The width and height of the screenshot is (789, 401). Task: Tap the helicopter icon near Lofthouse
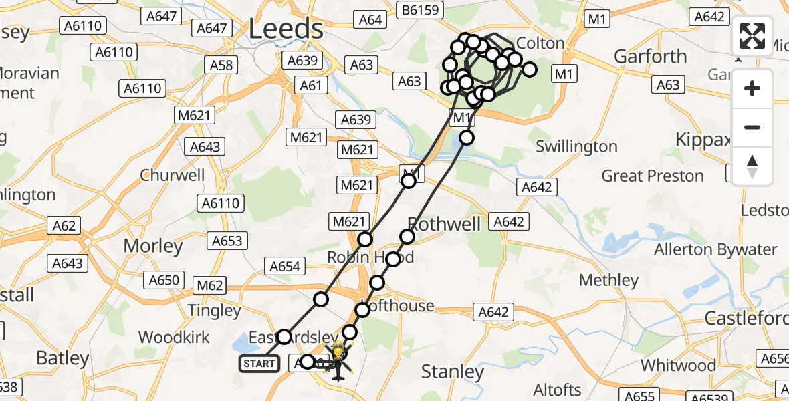(x=338, y=361)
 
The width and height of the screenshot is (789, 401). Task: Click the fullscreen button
(x=752, y=37)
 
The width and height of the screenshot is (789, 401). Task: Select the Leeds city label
(x=286, y=29)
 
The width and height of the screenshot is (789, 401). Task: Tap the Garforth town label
(x=651, y=56)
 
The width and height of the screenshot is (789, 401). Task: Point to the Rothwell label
(x=445, y=224)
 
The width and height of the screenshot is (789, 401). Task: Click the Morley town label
(x=153, y=246)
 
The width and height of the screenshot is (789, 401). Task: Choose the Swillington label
(x=576, y=146)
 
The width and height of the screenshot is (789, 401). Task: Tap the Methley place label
(x=608, y=280)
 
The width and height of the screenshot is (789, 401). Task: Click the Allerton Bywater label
(x=715, y=250)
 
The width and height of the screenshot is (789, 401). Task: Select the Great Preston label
(x=653, y=176)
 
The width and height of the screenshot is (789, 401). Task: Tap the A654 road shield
(x=285, y=267)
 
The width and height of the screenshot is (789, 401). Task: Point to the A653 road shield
(x=228, y=241)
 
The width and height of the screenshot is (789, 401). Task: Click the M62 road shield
(x=210, y=286)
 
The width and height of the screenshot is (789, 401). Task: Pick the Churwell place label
(x=172, y=176)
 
